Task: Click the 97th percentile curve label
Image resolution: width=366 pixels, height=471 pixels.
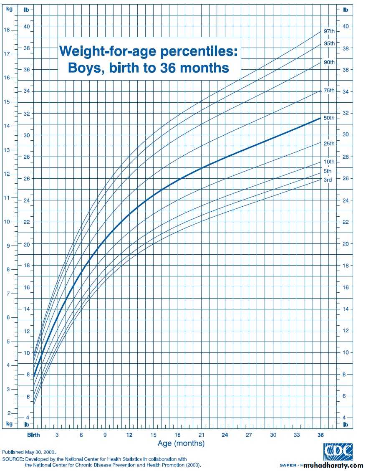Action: (329, 32)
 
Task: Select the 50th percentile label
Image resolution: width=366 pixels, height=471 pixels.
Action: (329, 118)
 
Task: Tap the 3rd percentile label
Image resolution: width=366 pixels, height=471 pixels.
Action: (328, 180)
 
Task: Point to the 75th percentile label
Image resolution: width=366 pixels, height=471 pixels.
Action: (329, 91)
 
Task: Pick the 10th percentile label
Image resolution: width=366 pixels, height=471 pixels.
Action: (329, 162)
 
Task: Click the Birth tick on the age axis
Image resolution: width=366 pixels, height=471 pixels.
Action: (34, 435)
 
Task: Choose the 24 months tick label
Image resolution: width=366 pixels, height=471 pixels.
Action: (225, 435)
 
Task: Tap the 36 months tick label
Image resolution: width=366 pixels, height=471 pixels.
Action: (321, 435)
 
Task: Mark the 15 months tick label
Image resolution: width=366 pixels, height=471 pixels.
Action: (153, 435)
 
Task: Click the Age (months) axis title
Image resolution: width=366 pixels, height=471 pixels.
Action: (181, 443)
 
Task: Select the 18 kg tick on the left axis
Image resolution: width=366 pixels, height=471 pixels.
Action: (6, 30)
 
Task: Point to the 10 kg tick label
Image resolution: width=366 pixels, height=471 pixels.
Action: (6, 222)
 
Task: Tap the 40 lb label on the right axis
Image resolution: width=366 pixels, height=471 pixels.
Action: (346, 26)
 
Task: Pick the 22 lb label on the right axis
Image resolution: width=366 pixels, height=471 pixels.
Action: (346, 222)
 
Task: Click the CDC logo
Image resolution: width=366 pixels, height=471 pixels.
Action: (338, 452)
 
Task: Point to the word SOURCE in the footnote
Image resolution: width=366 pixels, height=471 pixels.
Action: (13, 458)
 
